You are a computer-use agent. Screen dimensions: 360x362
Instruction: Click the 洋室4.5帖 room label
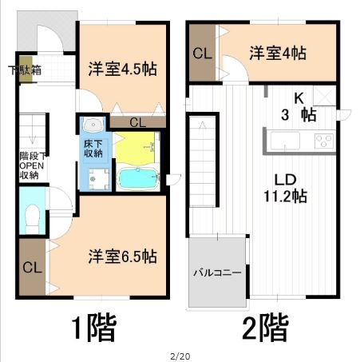click(122, 69)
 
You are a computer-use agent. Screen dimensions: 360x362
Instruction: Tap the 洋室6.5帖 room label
click(122, 257)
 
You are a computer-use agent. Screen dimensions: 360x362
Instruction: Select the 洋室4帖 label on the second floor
click(278, 53)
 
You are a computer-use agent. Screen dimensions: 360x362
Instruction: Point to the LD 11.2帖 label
click(285, 188)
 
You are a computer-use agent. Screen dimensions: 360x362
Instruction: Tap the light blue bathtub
click(137, 178)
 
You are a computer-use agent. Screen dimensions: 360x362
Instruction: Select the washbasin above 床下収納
click(93, 125)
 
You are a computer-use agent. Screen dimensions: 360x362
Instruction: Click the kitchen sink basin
click(285, 141)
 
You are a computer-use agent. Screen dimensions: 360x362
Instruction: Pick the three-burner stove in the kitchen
click(324, 141)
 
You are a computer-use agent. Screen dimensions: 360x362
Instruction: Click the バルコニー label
click(217, 272)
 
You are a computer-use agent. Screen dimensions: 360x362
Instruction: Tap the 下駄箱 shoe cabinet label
click(25, 70)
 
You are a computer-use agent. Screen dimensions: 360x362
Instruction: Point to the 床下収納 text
click(93, 149)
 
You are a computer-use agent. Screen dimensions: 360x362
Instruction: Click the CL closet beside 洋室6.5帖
click(33, 267)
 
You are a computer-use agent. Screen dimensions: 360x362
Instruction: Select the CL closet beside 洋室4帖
click(202, 53)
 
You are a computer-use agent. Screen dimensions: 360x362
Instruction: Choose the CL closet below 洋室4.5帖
click(138, 122)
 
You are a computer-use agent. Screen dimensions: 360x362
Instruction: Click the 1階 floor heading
click(94, 328)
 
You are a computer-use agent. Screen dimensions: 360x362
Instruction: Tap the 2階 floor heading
click(265, 328)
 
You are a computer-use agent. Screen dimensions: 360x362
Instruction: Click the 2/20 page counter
click(180, 356)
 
